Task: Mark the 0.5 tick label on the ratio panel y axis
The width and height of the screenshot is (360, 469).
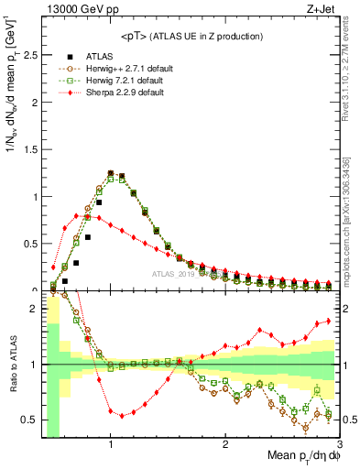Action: [x=28, y=420]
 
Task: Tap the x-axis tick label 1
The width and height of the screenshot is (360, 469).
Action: [x=111, y=444]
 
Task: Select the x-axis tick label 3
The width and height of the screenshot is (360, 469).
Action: [x=339, y=444]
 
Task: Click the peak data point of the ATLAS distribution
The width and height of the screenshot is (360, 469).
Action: [x=111, y=173]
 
